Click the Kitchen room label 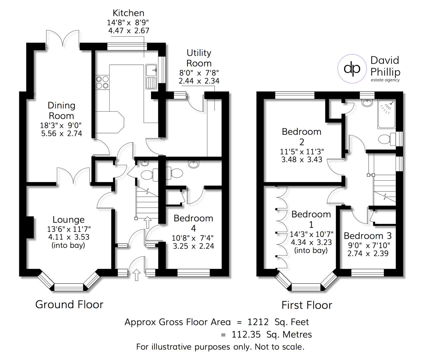click(128, 13)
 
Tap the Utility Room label click(199, 58)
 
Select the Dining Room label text click(61, 111)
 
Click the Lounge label click(68, 220)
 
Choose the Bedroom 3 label click(368, 236)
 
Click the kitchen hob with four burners click(102, 82)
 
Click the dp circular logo click(352, 68)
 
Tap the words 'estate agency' click(385, 80)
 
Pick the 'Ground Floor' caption click(69, 304)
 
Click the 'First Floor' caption click(307, 305)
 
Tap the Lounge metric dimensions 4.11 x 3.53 click(68, 237)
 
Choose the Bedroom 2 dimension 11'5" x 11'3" click(302, 151)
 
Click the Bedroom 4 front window click(193, 273)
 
